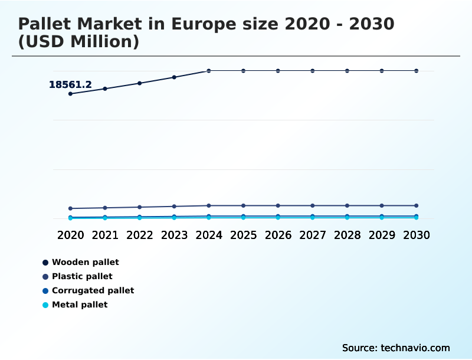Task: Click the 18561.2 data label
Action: (70, 85)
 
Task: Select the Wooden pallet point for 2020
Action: (71, 94)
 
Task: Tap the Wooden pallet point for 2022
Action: (140, 83)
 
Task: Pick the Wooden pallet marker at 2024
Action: (209, 71)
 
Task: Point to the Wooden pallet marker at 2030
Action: (416, 71)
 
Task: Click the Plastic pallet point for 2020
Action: (71, 208)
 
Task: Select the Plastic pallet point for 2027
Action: (313, 205)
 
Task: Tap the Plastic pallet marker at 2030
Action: (416, 205)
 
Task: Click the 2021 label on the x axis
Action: (105, 235)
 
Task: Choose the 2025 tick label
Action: (243, 235)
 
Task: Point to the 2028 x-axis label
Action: (347, 235)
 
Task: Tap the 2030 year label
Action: (416, 235)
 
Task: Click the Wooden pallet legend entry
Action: (85, 262)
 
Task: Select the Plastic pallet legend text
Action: (82, 276)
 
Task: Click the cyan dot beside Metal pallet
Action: (45, 305)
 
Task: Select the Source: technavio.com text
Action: (396, 348)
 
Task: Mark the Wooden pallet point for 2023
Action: (174, 77)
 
